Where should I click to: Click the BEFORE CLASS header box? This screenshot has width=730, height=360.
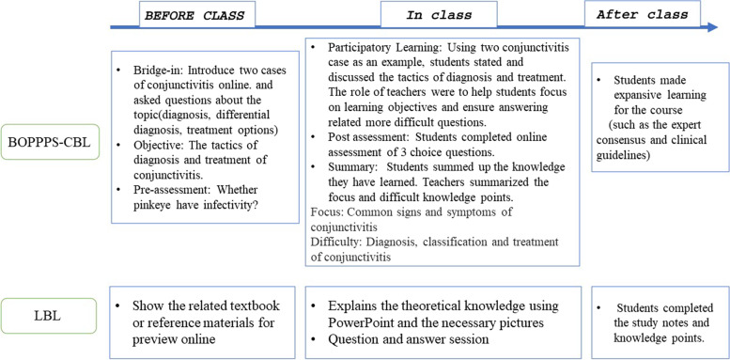193,17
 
